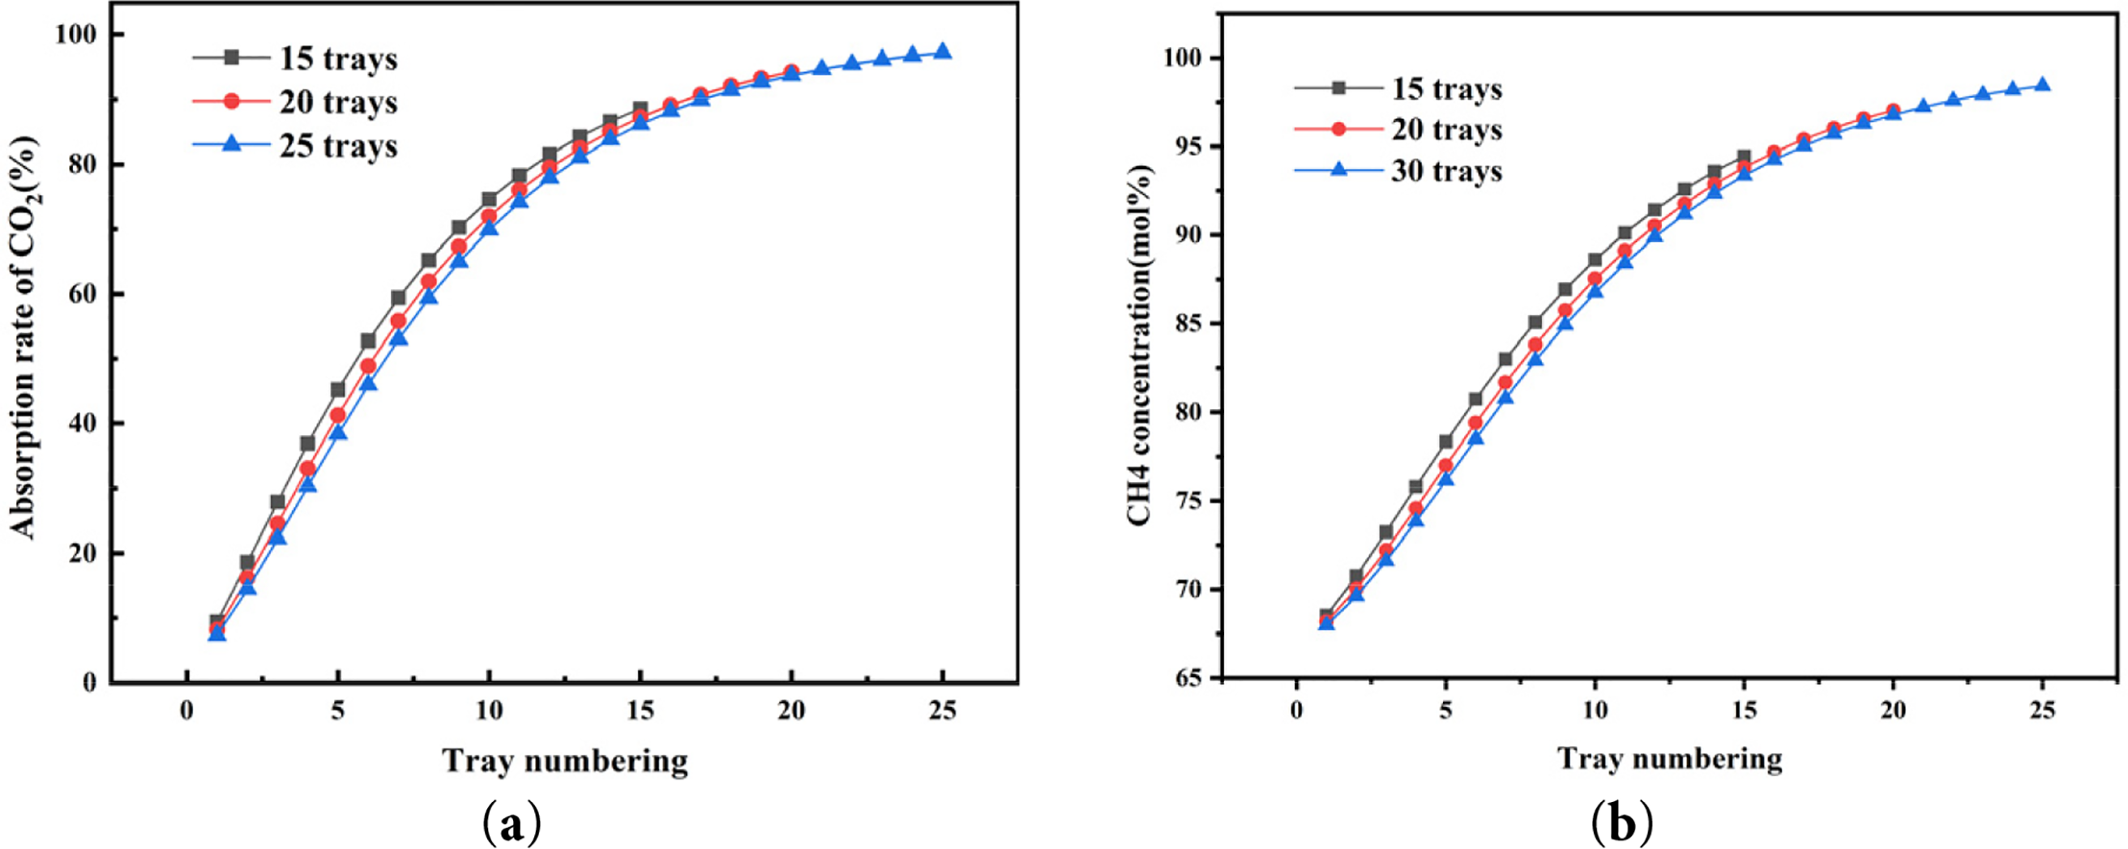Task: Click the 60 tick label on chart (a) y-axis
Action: coord(83,294)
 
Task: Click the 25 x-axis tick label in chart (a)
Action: coord(943,711)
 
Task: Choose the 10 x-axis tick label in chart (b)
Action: coord(1595,710)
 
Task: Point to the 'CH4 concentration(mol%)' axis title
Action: coord(1140,344)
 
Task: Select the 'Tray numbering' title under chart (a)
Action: coord(565,761)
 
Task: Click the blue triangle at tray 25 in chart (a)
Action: coord(943,52)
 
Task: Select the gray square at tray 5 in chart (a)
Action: coord(338,390)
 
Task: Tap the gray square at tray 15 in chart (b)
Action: coord(1744,157)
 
